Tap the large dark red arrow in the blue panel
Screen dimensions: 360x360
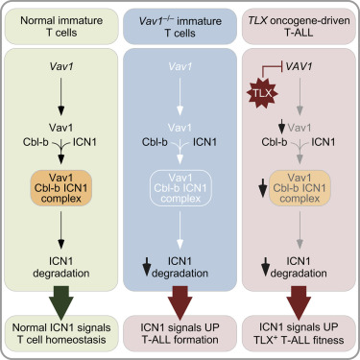[179, 289]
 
